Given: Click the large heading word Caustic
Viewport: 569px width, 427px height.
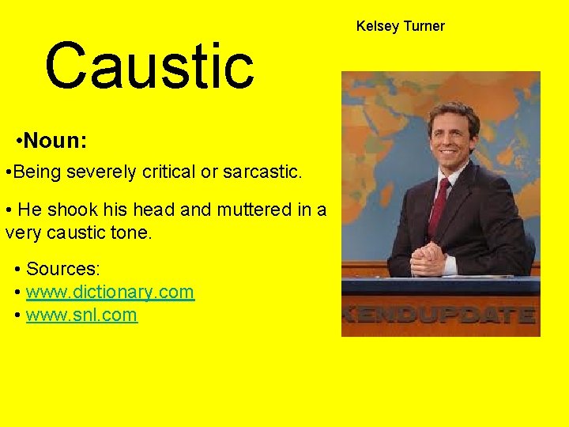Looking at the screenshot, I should (x=149, y=66).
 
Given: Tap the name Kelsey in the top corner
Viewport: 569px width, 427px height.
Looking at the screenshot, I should (x=377, y=26).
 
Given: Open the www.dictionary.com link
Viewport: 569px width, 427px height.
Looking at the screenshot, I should (x=110, y=292).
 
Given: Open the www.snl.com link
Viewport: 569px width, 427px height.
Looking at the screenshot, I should (x=81, y=316).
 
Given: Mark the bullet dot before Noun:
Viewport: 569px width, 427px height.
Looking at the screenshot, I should (x=18, y=142).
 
